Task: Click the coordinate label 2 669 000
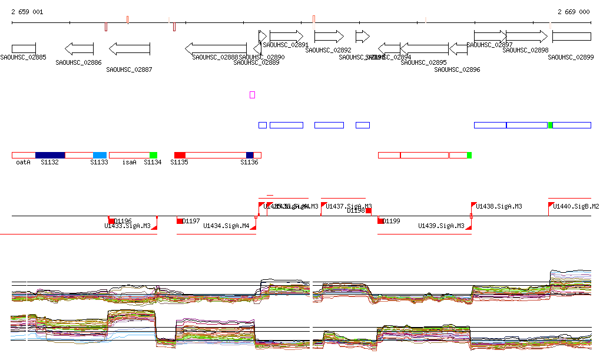(573, 12)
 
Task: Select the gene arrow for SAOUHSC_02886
(79, 48)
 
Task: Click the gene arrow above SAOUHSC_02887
(130, 48)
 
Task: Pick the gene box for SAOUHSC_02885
(24, 48)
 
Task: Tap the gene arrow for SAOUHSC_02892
(329, 37)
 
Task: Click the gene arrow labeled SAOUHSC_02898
(526, 37)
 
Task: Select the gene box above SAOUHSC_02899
(571, 37)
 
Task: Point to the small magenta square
(252, 95)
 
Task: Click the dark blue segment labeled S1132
(50, 155)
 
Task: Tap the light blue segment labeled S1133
(100, 155)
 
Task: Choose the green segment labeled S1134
(153, 155)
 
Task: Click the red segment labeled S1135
(180, 155)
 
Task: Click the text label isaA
(129, 162)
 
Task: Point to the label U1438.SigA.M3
(499, 207)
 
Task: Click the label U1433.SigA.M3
(127, 226)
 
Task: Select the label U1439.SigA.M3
(441, 226)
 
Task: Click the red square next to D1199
(380, 221)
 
